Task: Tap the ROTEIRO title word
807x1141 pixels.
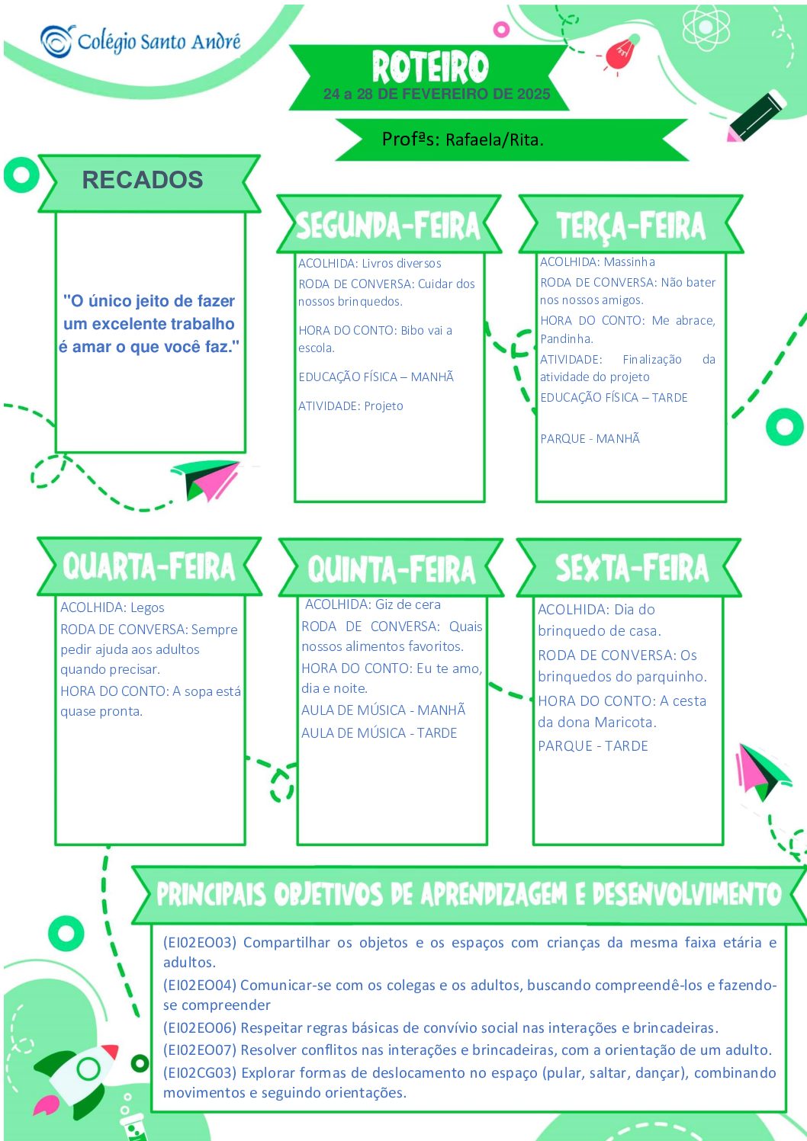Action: click(x=430, y=66)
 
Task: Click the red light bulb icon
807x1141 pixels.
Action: click(x=622, y=53)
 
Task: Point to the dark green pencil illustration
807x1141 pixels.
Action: click(x=757, y=116)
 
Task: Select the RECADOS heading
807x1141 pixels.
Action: click(x=143, y=180)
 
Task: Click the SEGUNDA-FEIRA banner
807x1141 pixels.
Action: click(x=389, y=224)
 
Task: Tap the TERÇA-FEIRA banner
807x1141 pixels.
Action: click(x=631, y=224)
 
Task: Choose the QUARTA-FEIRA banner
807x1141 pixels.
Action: click(x=149, y=566)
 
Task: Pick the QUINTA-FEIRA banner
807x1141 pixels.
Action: click(x=391, y=567)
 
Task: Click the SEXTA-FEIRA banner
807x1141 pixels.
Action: click(x=629, y=567)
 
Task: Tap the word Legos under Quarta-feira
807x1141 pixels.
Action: click(x=147, y=607)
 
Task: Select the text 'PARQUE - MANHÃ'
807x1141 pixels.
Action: click(x=590, y=438)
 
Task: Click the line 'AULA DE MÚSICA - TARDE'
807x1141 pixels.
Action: click(x=379, y=733)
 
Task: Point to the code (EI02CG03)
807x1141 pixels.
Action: click(x=200, y=1072)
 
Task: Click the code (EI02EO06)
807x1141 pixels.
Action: click(x=200, y=1027)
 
